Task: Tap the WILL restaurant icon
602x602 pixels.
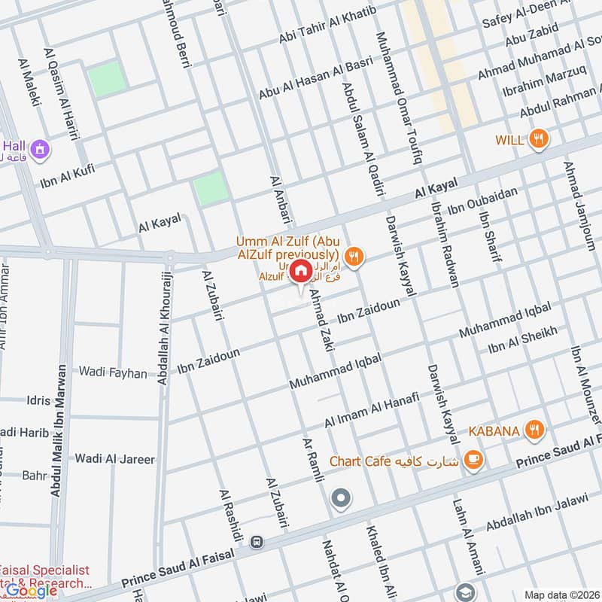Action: click(x=538, y=139)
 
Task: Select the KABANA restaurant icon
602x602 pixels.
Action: click(x=534, y=430)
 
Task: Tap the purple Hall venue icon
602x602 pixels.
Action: click(x=41, y=148)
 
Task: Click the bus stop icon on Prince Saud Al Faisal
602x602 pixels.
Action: click(x=257, y=541)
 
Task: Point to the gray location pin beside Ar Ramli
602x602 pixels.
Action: click(x=342, y=497)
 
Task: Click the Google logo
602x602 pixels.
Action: click(x=32, y=590)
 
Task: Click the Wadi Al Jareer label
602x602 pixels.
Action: click(x=114, y=459)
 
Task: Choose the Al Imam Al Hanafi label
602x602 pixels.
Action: click(x=372, y=412)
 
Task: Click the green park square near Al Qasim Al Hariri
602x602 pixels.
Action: click(x=107, y=81)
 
